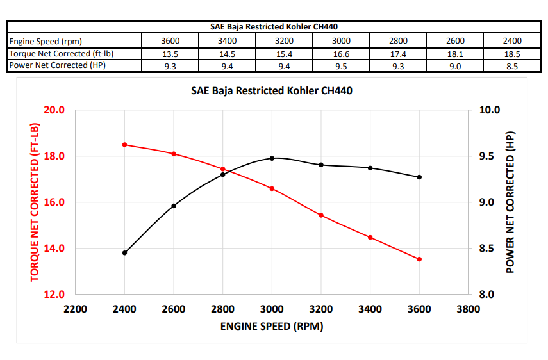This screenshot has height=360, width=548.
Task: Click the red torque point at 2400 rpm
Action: pos(125,145)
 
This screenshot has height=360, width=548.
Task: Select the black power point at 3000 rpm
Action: pos(272,158)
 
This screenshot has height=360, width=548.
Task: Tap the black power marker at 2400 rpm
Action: pos(125,253)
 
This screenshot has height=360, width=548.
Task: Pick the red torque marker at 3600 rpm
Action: pos(419,259)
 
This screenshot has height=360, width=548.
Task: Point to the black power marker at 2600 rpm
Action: pos(174,206)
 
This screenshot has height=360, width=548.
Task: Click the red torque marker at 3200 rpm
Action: pos(321,215)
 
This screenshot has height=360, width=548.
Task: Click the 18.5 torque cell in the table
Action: pos(512,53)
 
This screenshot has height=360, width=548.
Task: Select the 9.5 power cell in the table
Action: pos(341,65)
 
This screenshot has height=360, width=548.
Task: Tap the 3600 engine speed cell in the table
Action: pos(170,41)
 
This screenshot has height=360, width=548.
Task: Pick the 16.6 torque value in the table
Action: pos(341,53)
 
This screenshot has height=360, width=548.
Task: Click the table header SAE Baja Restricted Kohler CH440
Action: pos(274,27)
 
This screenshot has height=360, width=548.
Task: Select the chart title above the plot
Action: pos(272,91)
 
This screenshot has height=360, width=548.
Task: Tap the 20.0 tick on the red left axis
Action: pos(56,110)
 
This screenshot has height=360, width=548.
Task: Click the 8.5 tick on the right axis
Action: pos(490,249)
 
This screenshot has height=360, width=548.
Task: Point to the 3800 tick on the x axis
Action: pos(468,309)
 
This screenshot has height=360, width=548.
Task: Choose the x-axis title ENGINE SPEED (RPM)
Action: pos(272,326)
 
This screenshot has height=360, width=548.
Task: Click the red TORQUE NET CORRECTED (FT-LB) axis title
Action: pos(35,202)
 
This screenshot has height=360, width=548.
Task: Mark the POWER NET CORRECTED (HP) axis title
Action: pos(510,202)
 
